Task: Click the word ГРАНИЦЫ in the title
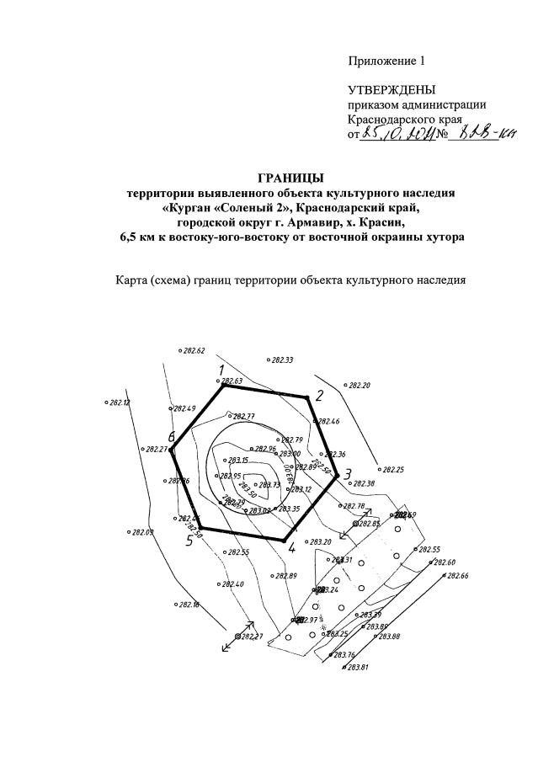(290, 178)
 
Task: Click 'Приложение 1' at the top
(388, 60)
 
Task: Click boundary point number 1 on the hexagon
(221, 370)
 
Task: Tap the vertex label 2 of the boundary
(319, 397)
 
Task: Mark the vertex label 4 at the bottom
(291, 548)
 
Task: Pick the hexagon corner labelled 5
(190, 541)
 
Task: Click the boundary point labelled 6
(171, 438)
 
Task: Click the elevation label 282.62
(194, 350)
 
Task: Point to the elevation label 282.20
(359, 386)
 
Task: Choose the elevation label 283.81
(359, 667)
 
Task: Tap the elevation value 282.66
(457, 576)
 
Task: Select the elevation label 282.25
(392, 470)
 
